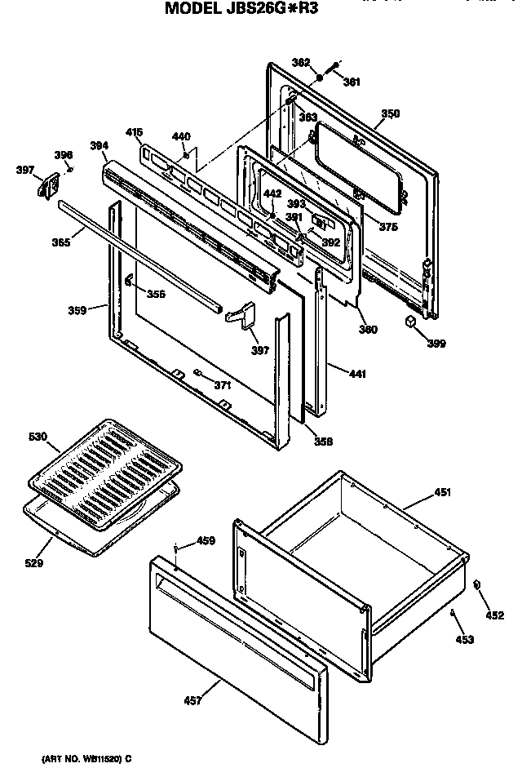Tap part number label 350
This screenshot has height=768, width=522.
pos(390,114)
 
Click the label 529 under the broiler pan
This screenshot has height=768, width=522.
pos(33,562)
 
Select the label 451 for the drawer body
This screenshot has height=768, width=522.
pos(441,492)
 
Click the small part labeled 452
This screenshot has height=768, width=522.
pos(476,584)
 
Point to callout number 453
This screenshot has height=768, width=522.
pos(464,639)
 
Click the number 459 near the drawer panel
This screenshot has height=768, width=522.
pos(206,540)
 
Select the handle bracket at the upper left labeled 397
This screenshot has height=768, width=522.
pos(43,185)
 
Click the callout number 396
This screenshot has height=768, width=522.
pos(63,155)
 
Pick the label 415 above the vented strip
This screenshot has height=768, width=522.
pos(135,131)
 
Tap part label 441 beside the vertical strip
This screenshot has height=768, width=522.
pos(358,375)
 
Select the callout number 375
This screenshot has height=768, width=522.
pos(388,227)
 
